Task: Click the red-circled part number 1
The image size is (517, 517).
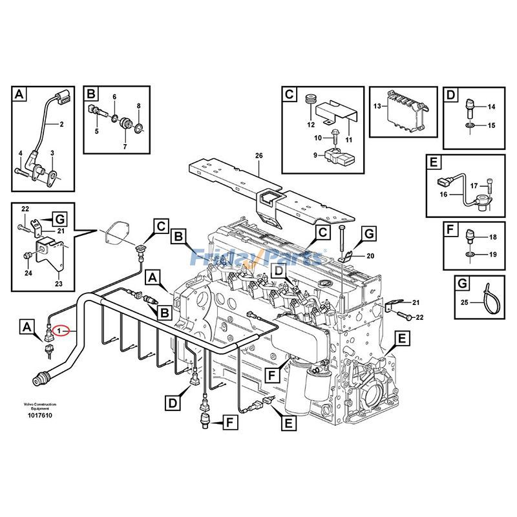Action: pyautogui.click(x=59, y=331)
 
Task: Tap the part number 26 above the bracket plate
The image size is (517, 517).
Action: pyautogui.click(x=259, y=156)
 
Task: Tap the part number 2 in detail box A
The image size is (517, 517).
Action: pyautogui.click(x=61, y=124)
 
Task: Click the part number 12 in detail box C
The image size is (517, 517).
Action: pyautogui.click(x=311, y=124)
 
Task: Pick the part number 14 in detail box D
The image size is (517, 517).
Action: pyautogui.click(x=491, y=107)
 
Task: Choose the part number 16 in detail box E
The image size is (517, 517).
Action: pyautogui.click(x=443, y=194)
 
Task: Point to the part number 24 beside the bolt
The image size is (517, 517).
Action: pyautogui.click(x=28, y=273)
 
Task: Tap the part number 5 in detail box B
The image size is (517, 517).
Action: pyautogui.click(x=96, y=131)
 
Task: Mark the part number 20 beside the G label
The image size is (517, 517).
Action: pyautogui.click(x=370, y=256)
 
